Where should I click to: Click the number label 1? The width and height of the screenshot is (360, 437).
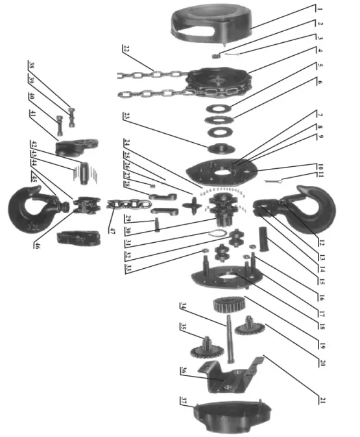320,9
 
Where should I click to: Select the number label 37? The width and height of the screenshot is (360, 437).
184,401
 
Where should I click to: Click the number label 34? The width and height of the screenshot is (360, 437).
184,306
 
